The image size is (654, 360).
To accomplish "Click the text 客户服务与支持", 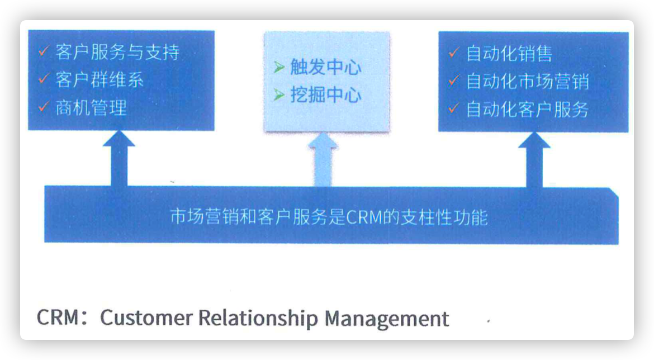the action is pyautogui.click(x=117, y=52).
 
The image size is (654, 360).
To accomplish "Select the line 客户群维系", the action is pyautogui.click(x=99, y=80).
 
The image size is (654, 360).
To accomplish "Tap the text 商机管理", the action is pyautogui.click(x=91, y=108).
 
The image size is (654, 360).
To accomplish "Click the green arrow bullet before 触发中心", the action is pyautogui.click(x=279, y=67).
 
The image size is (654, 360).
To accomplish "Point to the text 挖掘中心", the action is pyautogui.click(x=326, y=95).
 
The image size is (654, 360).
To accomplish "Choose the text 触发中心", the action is pyautogui.click(x=326, y=67).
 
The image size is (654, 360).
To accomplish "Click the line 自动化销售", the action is pyautogui.click(x=509, y=54).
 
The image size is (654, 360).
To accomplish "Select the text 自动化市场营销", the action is pyautogui.click(x=527, y=82).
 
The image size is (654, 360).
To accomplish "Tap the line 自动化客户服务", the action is pyautogui.click(x=527, y=110).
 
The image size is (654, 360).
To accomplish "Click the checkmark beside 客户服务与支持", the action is pyautogui.click(x=44, y=51).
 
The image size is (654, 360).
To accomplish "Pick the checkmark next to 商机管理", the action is pyautogui.click(x=44, y=107).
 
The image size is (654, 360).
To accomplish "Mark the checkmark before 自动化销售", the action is pyautogui.click(x=454, y=53).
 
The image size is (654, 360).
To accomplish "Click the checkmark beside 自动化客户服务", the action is pyautogui.click(x=454, y=108).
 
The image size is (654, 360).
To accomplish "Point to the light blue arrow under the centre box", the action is pyautogui.click(x=323, y=159).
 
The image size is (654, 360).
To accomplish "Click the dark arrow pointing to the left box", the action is pyautogui.click(x=119, y=158).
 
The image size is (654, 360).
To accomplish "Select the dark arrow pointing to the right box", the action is pyautogui.click(x=534, y=160).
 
